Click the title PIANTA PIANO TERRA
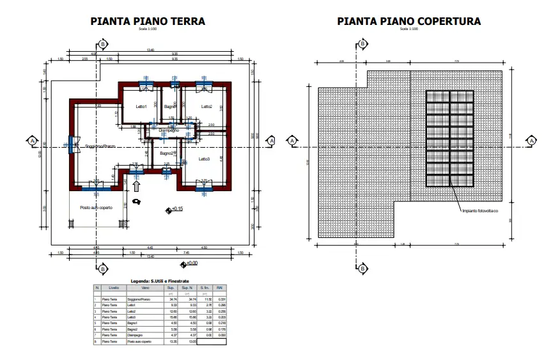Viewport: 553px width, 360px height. [148, 21]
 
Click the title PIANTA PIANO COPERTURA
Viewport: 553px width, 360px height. [409, 21]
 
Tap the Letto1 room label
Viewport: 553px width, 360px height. [141, 106]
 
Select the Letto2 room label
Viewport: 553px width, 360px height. [206, 106]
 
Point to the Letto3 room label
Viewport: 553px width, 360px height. [204, 159]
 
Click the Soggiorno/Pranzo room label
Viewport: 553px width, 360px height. [92, 146]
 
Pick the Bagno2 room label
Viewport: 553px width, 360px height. [168, 153]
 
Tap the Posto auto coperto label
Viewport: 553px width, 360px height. [96, 208]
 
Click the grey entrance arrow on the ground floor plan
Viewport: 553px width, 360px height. [136, 185]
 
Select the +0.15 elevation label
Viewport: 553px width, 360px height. [176, 209]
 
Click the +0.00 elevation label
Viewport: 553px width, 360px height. [191, 263]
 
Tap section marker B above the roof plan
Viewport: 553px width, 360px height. [362, 44]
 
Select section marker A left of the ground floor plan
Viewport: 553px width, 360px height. [31, 140]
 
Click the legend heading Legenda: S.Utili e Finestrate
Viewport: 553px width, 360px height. [160, 281]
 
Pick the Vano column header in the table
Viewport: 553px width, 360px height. [145, 288]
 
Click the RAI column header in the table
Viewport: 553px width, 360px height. [220, 288]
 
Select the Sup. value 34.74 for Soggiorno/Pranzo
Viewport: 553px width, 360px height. [171, 299]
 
